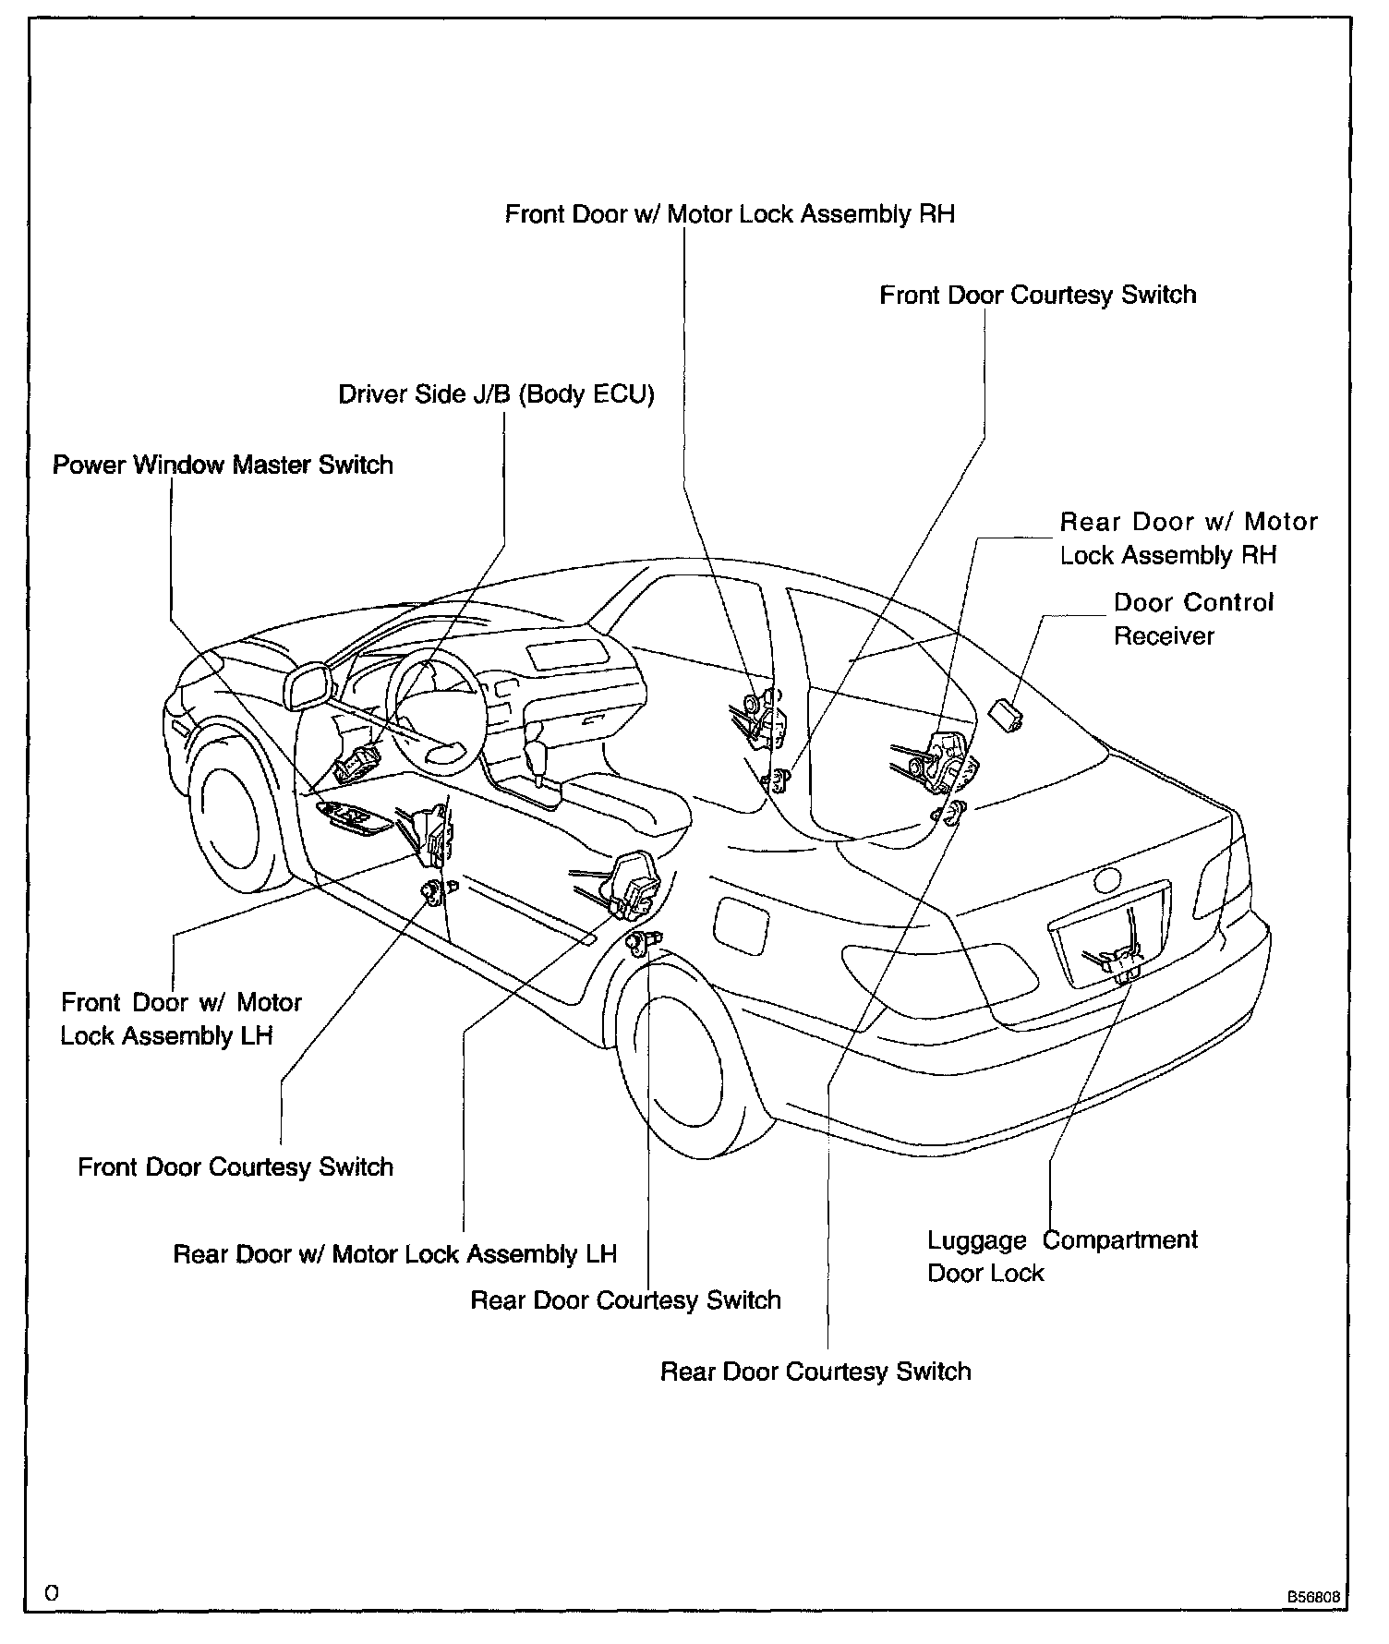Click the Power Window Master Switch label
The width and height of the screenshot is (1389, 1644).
coord(223,465)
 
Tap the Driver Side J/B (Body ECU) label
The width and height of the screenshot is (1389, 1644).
coord(496,394)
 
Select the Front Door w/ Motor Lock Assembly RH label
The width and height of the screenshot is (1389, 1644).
coord(730,214)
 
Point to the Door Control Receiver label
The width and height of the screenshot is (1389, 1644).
coord(1192,619)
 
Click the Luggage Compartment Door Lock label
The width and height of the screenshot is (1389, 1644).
coord(1062,1256)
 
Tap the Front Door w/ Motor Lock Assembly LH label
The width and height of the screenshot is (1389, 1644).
coord(181,1019)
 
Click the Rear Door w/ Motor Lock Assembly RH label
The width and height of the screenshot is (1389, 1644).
coord(1188,538)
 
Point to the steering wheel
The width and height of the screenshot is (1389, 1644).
coord(434,711)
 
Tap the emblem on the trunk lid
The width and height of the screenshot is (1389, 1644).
coord(1105,879)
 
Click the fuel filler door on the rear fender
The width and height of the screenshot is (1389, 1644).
coord(742,923)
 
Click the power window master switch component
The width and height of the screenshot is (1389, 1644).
coord(354,816)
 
